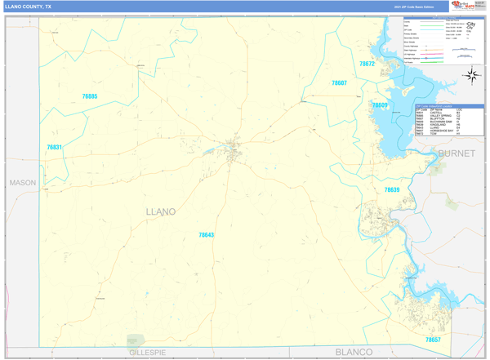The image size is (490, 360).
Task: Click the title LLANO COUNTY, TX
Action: [28, 7]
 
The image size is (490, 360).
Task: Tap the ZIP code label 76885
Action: [90, 96]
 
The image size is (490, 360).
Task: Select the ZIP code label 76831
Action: [54, 148]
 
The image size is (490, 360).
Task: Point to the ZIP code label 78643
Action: [206, 235]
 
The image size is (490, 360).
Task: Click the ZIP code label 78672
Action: [367, 64]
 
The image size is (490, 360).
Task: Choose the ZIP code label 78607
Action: [339, 83]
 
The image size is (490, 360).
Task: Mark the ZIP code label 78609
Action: [380, 105]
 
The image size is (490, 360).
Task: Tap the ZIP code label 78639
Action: [392, 189]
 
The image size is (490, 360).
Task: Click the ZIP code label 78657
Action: [433, 340]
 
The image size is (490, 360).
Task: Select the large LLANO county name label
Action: [160, 212]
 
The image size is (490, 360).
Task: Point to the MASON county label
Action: [23, 183]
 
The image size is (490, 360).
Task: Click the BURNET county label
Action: [456, 153]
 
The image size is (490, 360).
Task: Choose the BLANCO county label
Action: [354, 353]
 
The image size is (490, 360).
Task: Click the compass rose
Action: [472, 76]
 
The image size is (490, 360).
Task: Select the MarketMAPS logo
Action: [468, 6]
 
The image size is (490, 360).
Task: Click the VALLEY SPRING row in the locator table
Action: [440, 116]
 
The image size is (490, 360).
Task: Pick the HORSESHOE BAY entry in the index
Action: [442, 131]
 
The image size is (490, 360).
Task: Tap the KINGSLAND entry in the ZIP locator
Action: [439, 125]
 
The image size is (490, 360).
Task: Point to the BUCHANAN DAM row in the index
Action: [441, 122]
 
